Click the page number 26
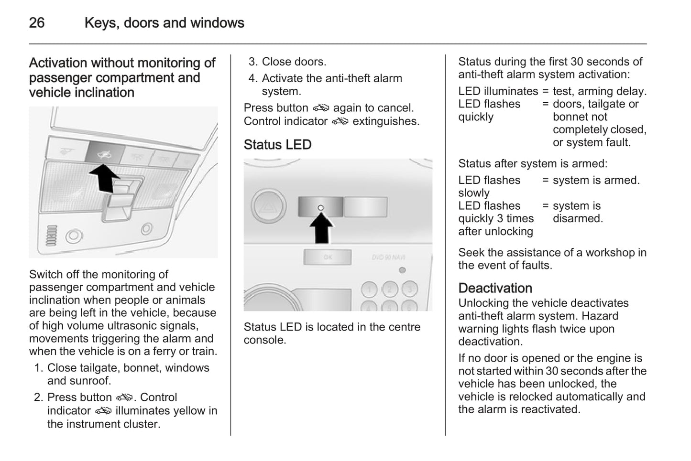tap(37, 23)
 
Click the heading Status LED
tap(277, 145)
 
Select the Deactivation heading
tap(495, 288)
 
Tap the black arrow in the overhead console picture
tap(104, 177)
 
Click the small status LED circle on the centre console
tap(320, 208)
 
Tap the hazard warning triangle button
tap(268, 207)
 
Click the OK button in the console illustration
tap(328, 257)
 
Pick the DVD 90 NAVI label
tap(389, 257)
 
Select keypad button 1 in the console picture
tap(369, 289)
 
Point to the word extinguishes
tap(386, 121)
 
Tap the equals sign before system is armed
tap(545, 181)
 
